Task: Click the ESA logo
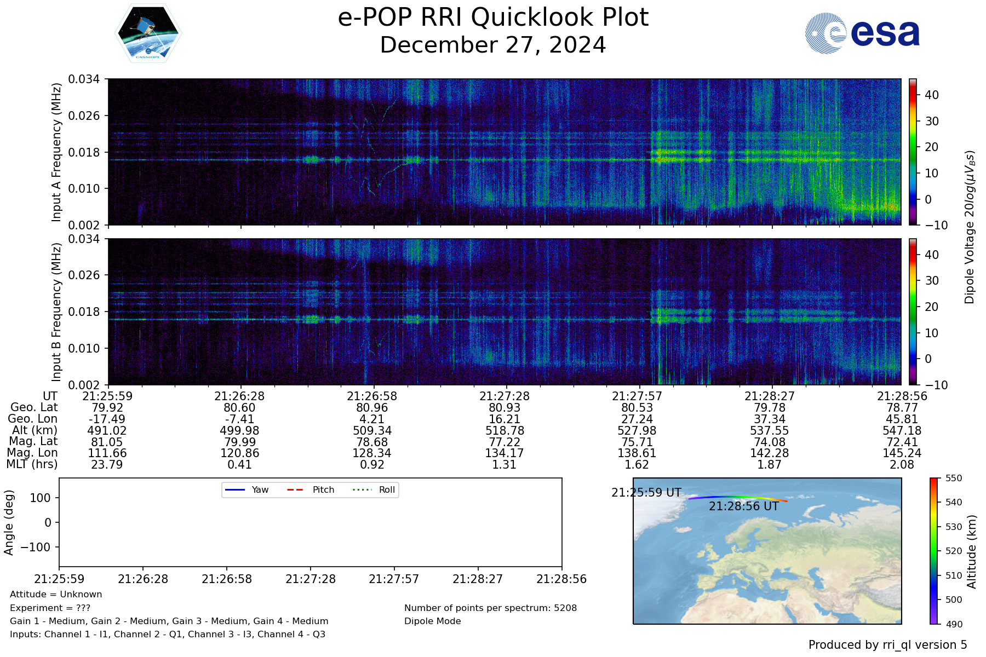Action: point(862,33)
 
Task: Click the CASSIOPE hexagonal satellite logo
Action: point(148,33)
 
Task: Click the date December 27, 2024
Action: point(492,45)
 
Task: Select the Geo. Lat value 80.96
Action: point(372,408)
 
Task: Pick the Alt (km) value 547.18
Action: point(902,431)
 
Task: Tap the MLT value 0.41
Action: point(239,465)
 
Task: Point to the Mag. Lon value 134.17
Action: point(504,453)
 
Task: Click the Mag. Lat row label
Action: point(33,442)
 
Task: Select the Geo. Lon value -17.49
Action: point(107,419)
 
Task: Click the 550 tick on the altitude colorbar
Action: point(954,478)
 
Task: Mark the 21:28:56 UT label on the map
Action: point(743,506)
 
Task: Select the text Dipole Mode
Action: point(432,621)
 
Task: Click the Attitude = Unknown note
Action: point(56,595)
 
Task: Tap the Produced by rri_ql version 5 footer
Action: point(887,645)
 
